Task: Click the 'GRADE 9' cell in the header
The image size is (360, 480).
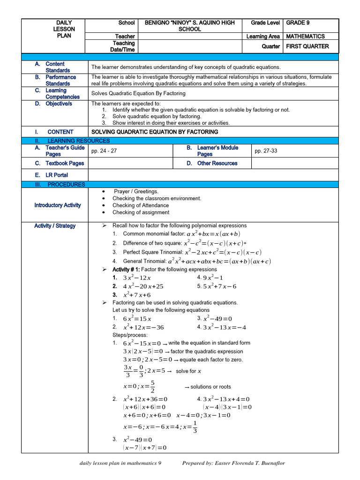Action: pyautogui.click(x=298, y=22)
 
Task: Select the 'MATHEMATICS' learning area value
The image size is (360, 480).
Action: pyautogui.click(x=305, y=36)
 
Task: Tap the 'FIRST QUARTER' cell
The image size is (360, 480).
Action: pyautogui.click(x=307, y=46)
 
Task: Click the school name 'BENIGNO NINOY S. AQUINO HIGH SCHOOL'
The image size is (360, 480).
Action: pyautogui.click(x=189, y=26)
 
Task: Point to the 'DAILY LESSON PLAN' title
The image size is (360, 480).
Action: pyautogui.click(x=64, y=29)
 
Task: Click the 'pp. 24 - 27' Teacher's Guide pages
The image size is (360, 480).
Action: pyautogui.click(x=104, y=151)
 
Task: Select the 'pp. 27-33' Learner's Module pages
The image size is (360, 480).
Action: pyautogui.click(x=265, y=151)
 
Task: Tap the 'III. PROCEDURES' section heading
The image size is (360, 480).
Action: pyautogui.click(x=60, y=185)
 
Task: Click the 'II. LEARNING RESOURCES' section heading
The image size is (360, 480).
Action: pyautogui.click(x=72, y=141)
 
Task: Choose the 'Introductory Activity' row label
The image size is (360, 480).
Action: pyautogui.click(x=57, y=205)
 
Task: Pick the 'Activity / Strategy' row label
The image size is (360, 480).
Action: pyautogui.click(x=55, y=226)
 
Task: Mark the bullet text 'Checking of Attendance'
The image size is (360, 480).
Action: pyautogui.click(x=141, y=205)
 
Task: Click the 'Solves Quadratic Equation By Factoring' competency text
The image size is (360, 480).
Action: pyautogui.click(x=138, y=93)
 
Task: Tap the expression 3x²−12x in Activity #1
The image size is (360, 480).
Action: pyautogui.click(x=137, y=277)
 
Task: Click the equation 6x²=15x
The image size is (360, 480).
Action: pyautogui.click(x=137, y=319)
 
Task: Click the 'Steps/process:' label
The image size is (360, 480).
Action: pyautogui.click(x=130, y=335)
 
